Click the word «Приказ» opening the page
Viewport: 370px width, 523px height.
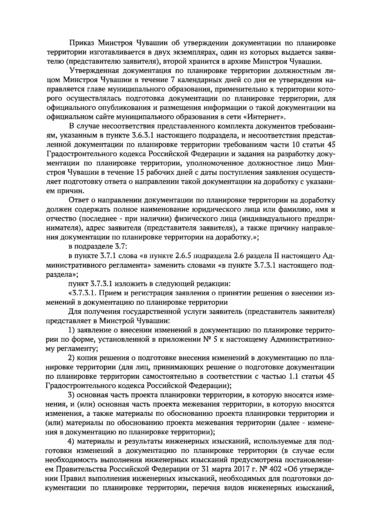81,43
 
